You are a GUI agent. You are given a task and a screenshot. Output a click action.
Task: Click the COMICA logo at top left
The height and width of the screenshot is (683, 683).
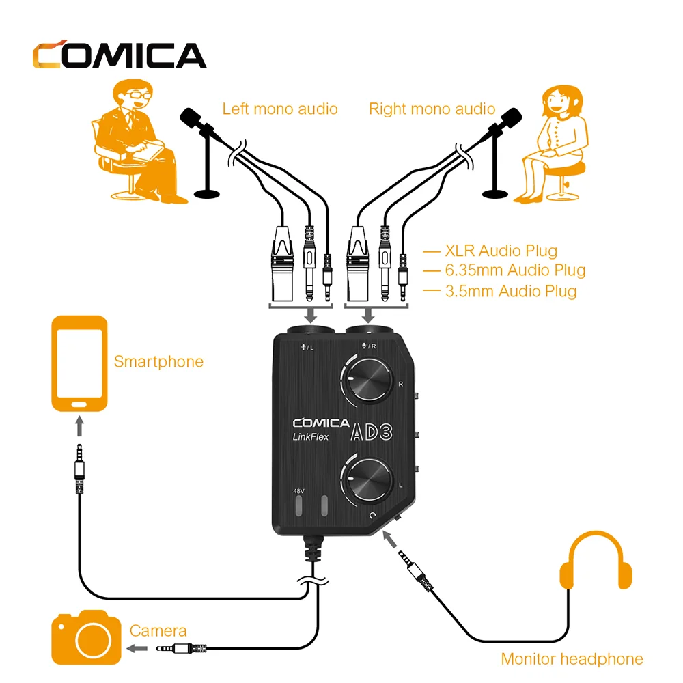[x=119, y=55]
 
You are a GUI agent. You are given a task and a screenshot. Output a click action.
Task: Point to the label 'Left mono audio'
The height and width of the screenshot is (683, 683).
[x=280, y=109]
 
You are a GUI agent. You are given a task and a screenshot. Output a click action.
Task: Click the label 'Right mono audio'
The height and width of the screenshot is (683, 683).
[x=432, y=109]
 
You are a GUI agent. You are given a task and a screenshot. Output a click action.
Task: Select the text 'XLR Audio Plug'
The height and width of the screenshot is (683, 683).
[x=501, y=251]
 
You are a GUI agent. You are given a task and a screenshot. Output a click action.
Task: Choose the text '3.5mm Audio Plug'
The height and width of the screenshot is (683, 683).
[x=510, y=292]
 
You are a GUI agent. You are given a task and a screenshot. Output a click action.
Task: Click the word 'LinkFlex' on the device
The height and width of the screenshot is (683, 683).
[x=311, y=438]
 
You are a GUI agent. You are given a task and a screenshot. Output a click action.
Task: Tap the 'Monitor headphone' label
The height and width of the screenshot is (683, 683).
[x=572, y=659]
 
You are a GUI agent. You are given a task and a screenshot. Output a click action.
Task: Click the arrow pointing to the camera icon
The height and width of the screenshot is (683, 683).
[x=137, y=648]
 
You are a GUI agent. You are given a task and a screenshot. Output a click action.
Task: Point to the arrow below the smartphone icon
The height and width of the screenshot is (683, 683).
[x=80, y=427]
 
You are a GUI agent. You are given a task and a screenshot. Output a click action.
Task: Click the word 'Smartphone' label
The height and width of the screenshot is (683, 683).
[x=158, y=361]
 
